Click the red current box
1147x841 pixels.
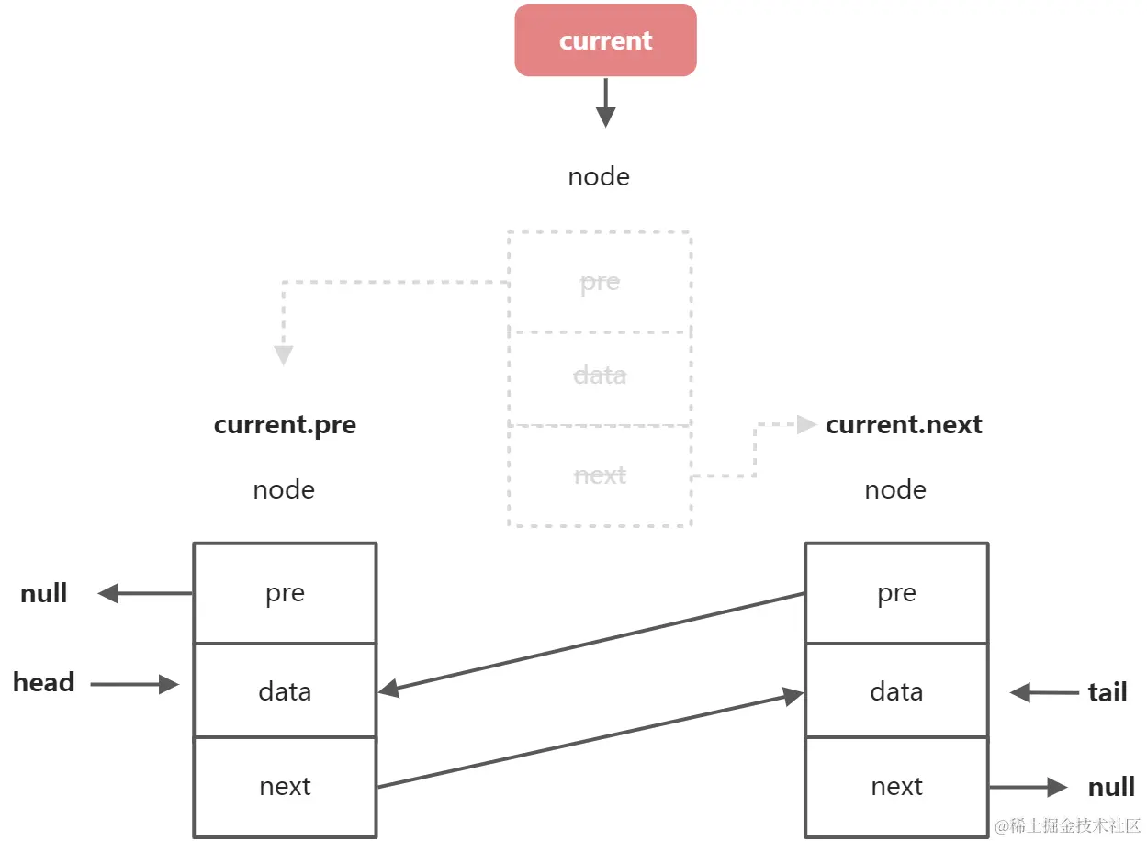[605, 40]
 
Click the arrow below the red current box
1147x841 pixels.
[605, 103]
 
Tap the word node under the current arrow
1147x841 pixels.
[599, 176]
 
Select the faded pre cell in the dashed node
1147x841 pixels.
[600, 282]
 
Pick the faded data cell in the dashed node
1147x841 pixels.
[600, 376]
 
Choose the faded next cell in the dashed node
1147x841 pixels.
[600, 476]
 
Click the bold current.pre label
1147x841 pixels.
[285, 425]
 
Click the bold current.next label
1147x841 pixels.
[904, 425]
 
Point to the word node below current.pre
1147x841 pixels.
[284, 489]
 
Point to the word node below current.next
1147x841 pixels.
[895, 489]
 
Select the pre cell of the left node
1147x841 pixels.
[285, 593]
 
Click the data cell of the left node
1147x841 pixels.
[285, 691]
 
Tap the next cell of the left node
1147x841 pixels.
[285, 787]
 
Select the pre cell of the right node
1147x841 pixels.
[896, 593]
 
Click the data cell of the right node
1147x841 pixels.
[896, 691]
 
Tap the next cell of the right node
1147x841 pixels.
[896, 787]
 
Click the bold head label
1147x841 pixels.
[43, 683]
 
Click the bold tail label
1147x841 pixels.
[1107, 692]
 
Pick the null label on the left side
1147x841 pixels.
[44, 593]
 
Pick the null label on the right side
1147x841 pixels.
[1111, 787]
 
